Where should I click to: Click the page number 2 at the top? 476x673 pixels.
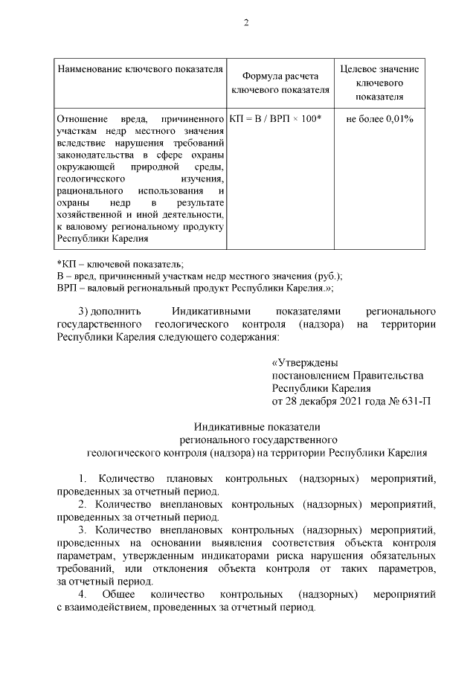point(245,23)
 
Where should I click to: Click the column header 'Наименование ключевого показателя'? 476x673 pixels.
point(141,69)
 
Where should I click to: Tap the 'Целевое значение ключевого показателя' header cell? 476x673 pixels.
point(379,83)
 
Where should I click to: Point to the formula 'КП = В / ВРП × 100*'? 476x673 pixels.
point(275,119)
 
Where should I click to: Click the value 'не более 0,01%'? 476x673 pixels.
point(379,119)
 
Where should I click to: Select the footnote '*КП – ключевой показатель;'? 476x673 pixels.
point(120,264)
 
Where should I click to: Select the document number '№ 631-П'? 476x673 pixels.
point(410,400)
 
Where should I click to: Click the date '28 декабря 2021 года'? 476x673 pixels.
point(337,400)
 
